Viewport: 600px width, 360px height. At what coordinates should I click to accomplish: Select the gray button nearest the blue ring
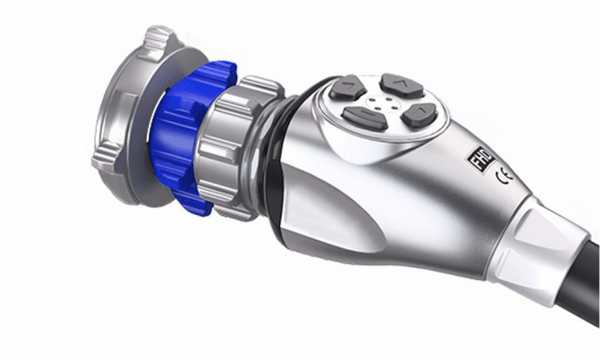(348, 88)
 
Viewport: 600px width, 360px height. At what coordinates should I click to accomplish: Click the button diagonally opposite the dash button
(402, 85)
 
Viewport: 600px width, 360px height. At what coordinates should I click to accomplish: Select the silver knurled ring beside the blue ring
(233, 149)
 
